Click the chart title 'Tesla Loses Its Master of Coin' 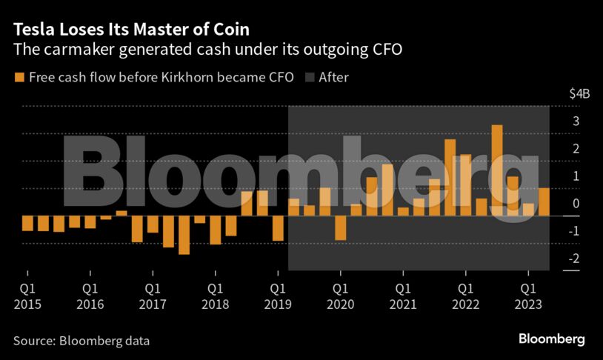click(x=130, y=29)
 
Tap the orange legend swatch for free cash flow click(x=18, y=77)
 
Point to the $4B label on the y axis click(x=579, y=94)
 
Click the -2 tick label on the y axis click(x=575, y=259)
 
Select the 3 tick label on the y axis click(x=576, y=121)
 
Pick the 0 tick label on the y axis click(x=576, y=204)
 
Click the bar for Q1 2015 click(x=27, y=223)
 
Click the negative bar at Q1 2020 click(x=341, y=227)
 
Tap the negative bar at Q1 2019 click(x=278, y=228)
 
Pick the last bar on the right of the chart click(x=544, y=201)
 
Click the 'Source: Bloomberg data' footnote click(x=81, y=341)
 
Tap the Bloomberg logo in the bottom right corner click(x=551, y=339)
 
